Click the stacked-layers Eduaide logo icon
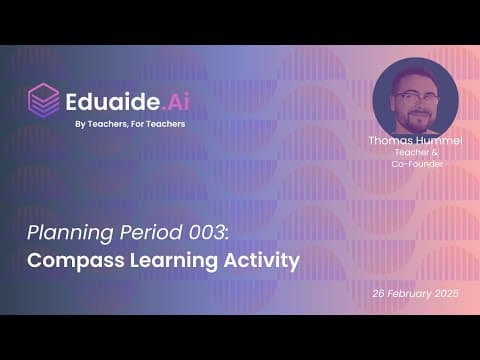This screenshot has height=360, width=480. pos(44,100)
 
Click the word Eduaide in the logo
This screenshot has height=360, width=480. pos(113,101)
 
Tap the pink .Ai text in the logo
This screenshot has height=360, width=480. pos(176,101)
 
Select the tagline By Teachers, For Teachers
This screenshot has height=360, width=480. pos(130,124)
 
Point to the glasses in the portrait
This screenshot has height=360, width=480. pos(416,98)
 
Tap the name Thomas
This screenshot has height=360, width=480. pos(390,140)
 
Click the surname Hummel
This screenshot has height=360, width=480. pos(438,140)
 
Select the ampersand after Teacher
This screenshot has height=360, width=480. pos(435,152)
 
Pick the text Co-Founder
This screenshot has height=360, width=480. pos(417,164)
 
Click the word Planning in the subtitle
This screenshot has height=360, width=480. pos(71,233)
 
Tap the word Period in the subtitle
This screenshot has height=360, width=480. pos(151,232)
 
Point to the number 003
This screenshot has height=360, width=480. pos(209,232)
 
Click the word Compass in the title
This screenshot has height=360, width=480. pos(76,261)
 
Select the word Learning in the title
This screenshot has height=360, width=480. pos(174,261)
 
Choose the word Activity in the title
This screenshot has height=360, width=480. pos(261,260)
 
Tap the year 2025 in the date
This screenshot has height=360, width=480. pos(447,293)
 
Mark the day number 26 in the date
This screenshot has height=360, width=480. pos(379,293)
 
